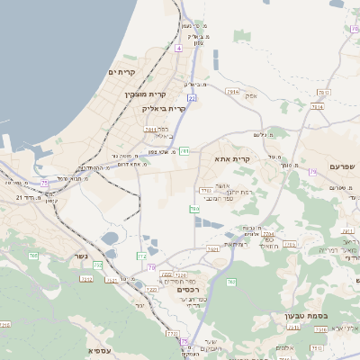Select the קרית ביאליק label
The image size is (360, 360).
pyautogui.click(x=164, y=107)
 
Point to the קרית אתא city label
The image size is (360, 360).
pyautogui.click(x=232, y=158)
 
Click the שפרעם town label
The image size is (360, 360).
pyautogui.click(x=343, y=166)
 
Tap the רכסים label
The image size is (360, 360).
pyautogui.click(x=188, y=289)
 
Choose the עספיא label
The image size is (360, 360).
pyautogui.click(x=100, y=350)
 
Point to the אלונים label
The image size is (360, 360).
pyautogui.click(x=286, y=347)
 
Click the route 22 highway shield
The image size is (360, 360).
pyautogui.click(x=191, y=97)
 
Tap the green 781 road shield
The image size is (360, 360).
pyautogui.click(x=184, y=151)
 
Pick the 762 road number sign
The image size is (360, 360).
pyautogui.click(x=231, y=283)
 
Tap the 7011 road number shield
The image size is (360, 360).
pyautogui.click(x=151, y=129)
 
